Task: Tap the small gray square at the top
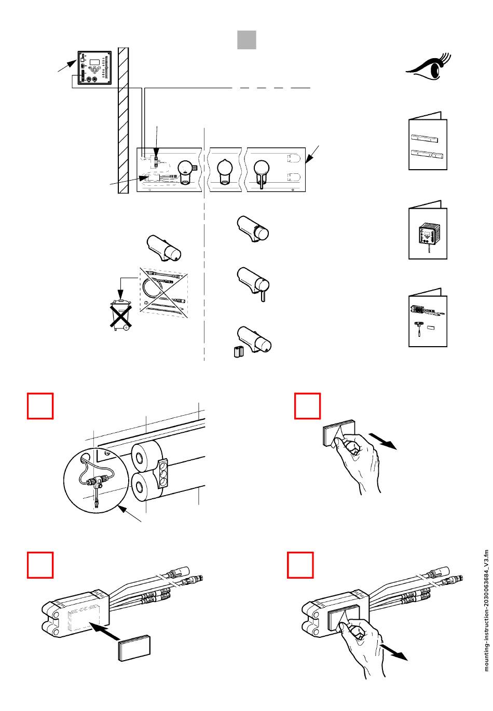click(x=246, y=40)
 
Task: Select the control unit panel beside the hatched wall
click(x=94, y=68)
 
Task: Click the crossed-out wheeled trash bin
click(x=120, y=314)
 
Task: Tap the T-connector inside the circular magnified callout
click(x=99, y=480)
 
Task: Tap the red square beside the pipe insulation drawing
click(x=40, y=405)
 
